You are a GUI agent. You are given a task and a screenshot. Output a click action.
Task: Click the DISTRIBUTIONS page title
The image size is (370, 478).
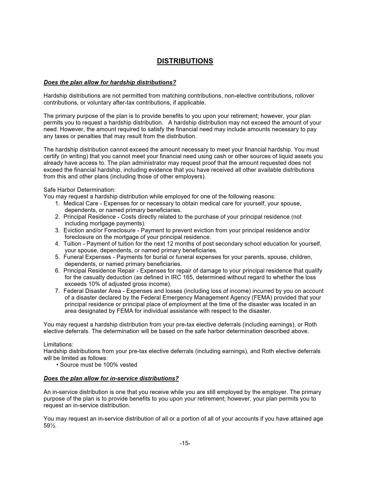(185, 61)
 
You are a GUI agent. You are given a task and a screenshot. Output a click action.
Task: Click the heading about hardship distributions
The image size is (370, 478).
(110, 82)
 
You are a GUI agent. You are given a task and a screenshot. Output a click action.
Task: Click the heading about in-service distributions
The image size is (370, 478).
(111, 378)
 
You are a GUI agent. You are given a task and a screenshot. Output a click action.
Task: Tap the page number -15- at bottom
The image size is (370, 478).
(185, 443)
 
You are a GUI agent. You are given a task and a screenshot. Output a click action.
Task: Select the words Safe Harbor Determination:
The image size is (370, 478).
(80, 190)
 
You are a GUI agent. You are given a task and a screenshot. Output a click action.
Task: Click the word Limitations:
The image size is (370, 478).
(58, 344)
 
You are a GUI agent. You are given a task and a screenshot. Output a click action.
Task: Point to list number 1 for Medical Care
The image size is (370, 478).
(57, 203)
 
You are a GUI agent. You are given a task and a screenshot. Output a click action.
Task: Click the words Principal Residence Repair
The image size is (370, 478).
(99, 271)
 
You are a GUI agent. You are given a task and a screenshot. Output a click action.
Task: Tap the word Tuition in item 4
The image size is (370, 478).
(72, 244)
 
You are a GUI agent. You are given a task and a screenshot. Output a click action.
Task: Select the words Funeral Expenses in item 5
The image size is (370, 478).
(87, 257)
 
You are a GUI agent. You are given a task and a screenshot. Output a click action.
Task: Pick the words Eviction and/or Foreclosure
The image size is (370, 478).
(99, 230)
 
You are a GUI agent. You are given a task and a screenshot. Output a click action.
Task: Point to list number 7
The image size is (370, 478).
(57, 291)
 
